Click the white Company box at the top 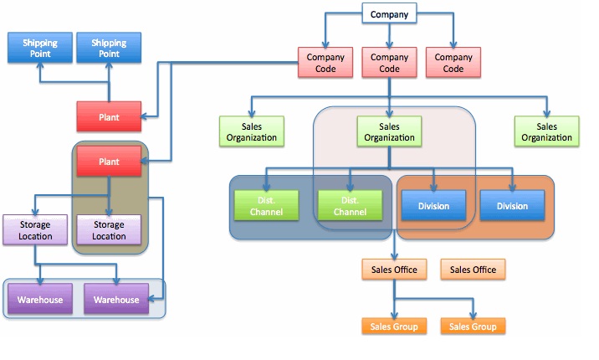click(x=389, y=14)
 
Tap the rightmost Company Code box click(x=453, y=64)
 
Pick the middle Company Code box click(x=389, y=64)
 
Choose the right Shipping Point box click(x=109, y=47)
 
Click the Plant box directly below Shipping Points click(x=109, y=117)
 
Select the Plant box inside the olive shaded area click(x=109, y=160)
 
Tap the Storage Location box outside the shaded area click(x=33, y=230)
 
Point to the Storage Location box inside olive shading click(x=109, y=230)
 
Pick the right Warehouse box click(x=116, y=300)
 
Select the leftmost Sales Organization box click(x=251, y=132)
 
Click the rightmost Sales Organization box click(x=546, y=132)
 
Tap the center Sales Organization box click(x=390, y=132)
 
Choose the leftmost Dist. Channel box click(x=266, y=206)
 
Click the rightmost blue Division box click(x=512, y=206)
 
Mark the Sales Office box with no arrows click(x=473, y=270)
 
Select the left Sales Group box click(x=394, y=327)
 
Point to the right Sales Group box click(x=473, y=327)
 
